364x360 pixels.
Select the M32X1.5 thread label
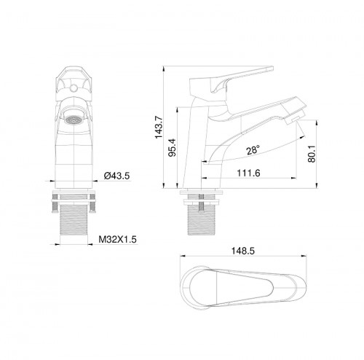(x=118, y=238)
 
